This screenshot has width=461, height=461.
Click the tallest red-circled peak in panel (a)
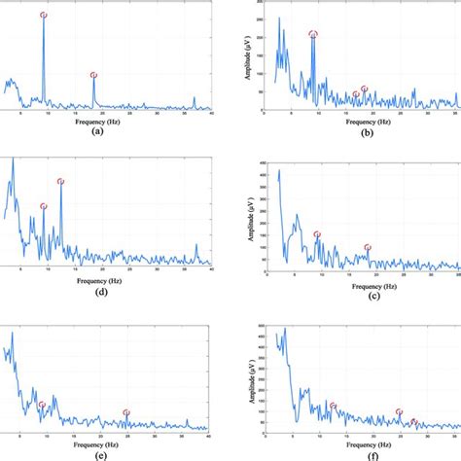click(x=43, y=16)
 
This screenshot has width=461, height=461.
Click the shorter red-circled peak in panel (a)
click(x=93, y=75)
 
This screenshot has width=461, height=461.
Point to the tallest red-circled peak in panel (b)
click(x=313, y=34)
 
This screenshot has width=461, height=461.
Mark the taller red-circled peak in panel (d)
click(x=60, y=181)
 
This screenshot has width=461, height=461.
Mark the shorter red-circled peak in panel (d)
click(x=43, y=206)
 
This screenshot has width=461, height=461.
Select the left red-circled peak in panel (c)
click(x=317, y=234)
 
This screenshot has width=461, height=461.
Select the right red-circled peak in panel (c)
click(x=367, y=248)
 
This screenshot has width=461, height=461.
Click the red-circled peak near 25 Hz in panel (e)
click(x=126, y=412)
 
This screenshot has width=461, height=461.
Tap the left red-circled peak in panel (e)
click(x=41, y=405)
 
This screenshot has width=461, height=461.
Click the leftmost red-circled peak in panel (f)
click(x=333, y=406)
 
